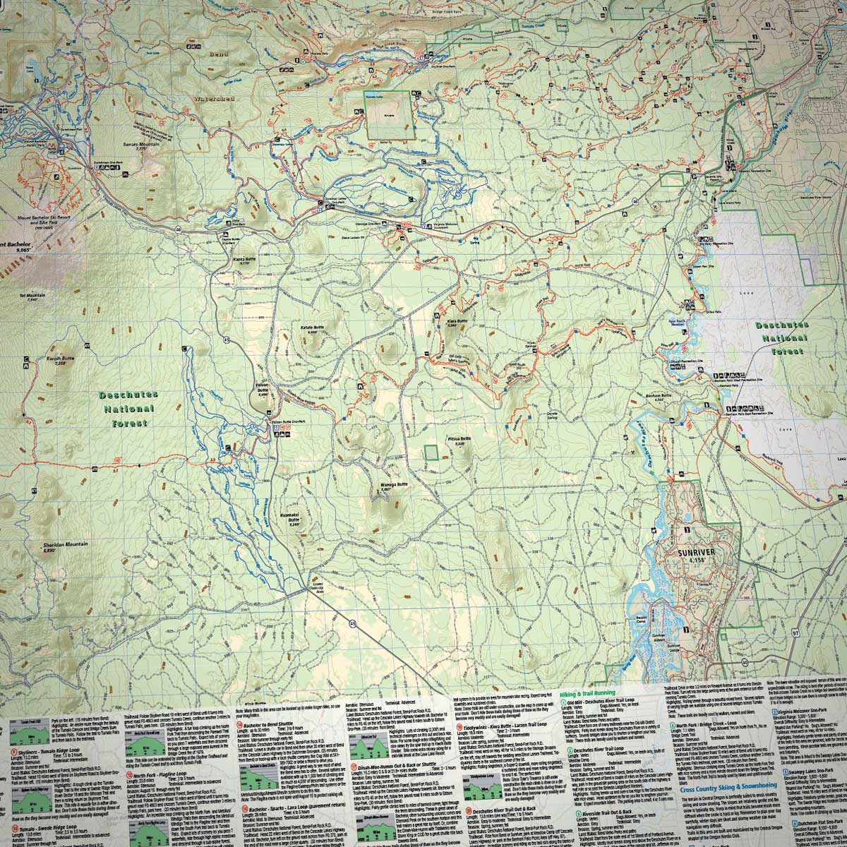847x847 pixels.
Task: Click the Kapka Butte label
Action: pyautogui.click(x=244, y=260)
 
